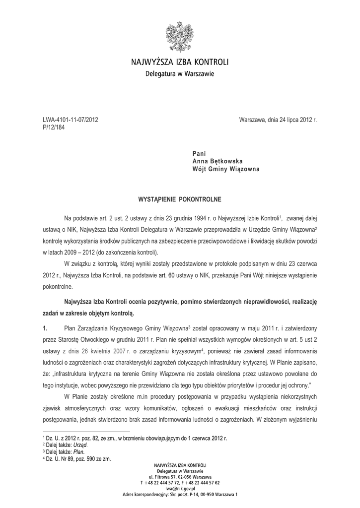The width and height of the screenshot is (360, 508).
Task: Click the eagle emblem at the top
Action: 180,37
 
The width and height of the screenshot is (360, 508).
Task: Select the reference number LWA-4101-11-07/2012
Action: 71,120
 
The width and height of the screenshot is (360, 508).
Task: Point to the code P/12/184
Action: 54,127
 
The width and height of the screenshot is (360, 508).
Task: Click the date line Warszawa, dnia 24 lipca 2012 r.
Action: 278,120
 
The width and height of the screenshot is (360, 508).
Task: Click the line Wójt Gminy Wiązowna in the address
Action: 226,169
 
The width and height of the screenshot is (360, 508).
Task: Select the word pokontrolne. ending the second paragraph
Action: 58,286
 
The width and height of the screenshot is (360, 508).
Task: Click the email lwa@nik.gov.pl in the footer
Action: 179,488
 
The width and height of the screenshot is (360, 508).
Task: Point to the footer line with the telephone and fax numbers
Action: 180,482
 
